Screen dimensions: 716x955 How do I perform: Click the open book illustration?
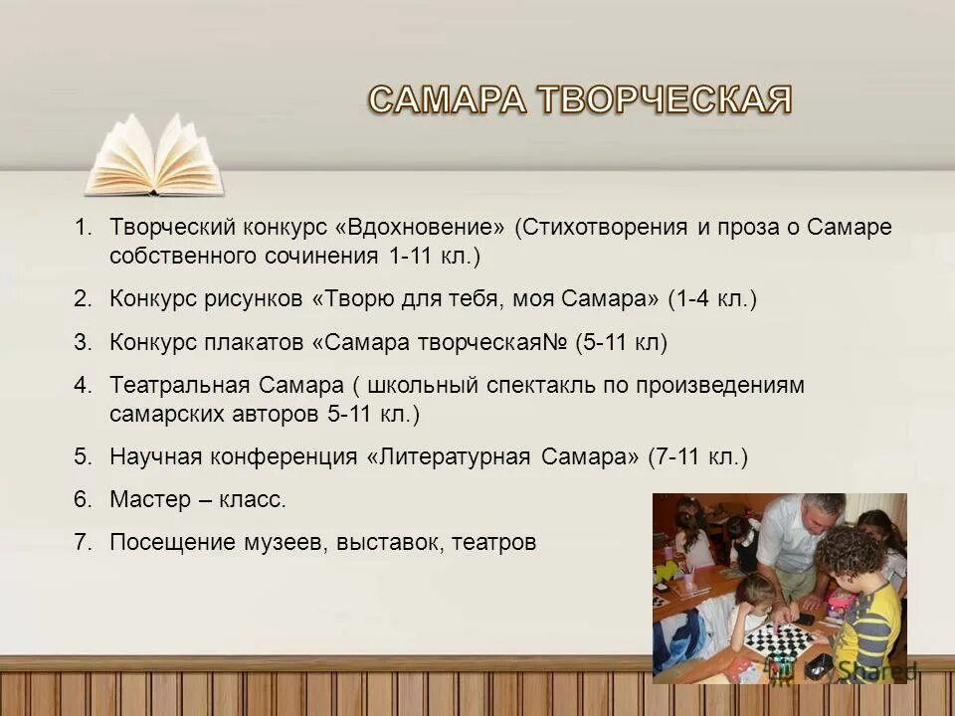coord(154,156)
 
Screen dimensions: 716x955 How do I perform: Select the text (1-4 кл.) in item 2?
coord(712,298)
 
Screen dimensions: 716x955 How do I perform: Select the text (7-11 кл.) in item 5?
coord(696,456)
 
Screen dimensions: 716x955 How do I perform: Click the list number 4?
coord(82,385)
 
